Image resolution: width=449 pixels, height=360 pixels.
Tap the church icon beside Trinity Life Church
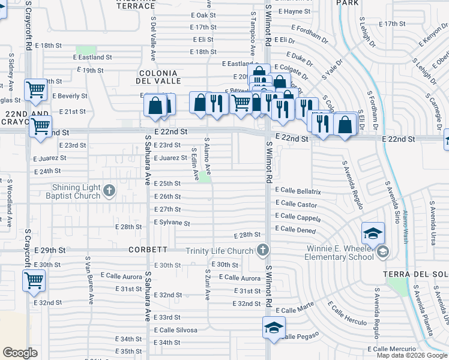tap(262, 250)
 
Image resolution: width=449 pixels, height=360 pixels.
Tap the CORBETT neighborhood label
tap(148, 250)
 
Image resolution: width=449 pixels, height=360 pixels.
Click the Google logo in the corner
tap(20, 352)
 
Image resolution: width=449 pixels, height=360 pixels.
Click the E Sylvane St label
tap(172, 223)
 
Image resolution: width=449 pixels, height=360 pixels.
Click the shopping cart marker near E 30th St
tap(34, 280)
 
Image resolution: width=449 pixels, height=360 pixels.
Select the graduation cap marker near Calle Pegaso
tap(273, 328)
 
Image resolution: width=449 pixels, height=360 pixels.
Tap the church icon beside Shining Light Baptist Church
tap(109, 191)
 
